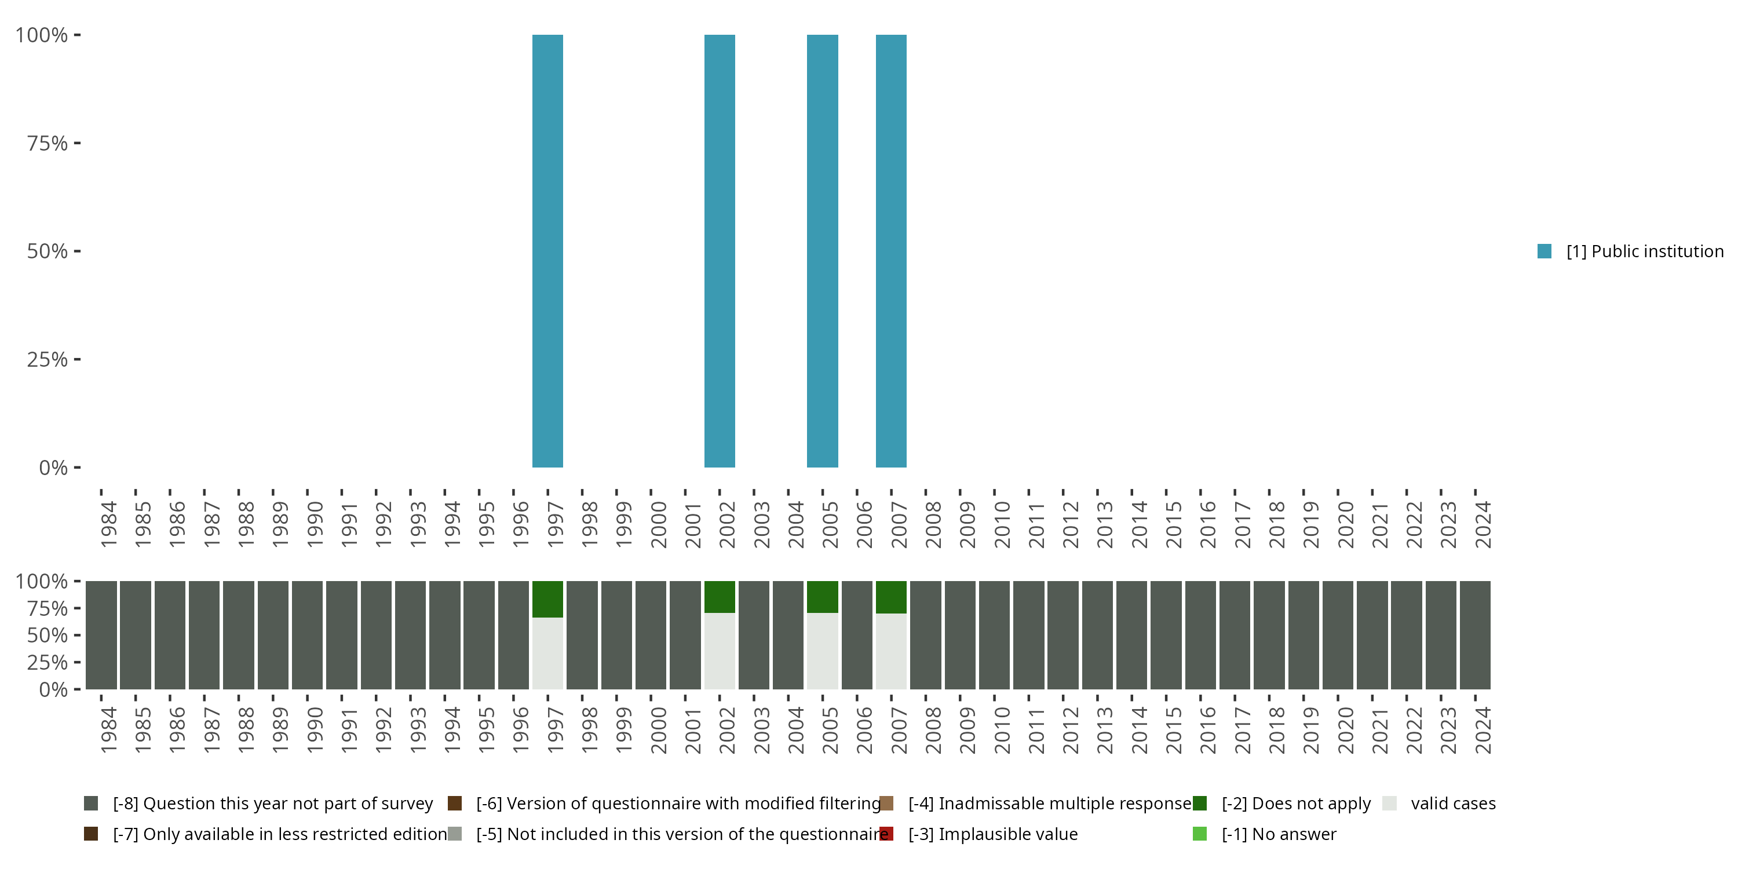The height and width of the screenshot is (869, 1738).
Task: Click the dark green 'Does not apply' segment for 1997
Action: click(547, 598)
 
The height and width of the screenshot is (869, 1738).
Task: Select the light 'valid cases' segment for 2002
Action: click(719, 651)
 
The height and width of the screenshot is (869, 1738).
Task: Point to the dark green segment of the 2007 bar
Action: click(890, 597)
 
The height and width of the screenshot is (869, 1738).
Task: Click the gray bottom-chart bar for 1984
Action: click(101, 635)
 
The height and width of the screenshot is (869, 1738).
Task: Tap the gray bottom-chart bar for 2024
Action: click(1475, 635)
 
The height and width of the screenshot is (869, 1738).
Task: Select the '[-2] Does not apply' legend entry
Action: click(1295, 804)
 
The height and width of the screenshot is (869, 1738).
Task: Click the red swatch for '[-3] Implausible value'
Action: click(886, 834)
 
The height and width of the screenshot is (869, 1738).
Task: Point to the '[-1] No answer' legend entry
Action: click(1278, 834)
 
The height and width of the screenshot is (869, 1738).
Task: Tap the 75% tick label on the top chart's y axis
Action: click(48, 143)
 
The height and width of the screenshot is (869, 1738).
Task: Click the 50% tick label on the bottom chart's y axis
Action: click(48, 635)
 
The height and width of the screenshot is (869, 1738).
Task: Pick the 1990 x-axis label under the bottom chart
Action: click(315, 730)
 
